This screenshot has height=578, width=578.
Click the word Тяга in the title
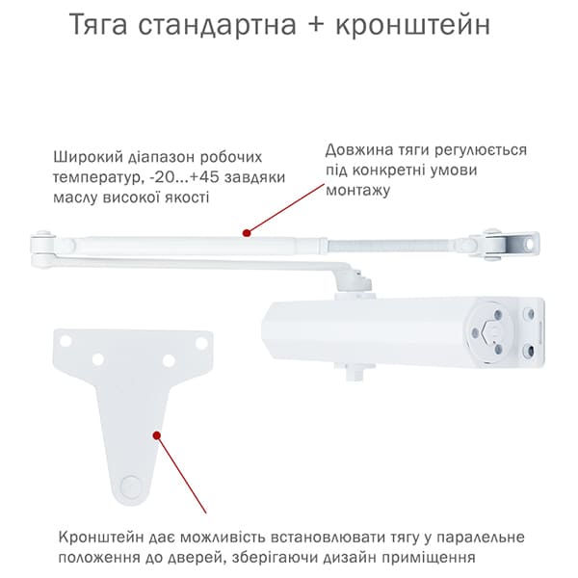click(98, 24)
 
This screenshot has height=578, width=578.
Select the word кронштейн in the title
click(413, 25)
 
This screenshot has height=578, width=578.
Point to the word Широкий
click(88, 157)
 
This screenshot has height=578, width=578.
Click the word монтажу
click(357, 191)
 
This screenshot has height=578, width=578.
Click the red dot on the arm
click(247, 233)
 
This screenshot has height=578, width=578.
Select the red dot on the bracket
click(157, 435)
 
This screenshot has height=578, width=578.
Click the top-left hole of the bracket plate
click(66, 341)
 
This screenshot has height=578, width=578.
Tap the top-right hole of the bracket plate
click(201, 343)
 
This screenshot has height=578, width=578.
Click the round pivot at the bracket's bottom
click(130, 486)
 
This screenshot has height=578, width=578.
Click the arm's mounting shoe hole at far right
click(530, 245)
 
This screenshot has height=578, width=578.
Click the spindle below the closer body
click(355, 372)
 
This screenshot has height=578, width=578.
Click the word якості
click(188, 197)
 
